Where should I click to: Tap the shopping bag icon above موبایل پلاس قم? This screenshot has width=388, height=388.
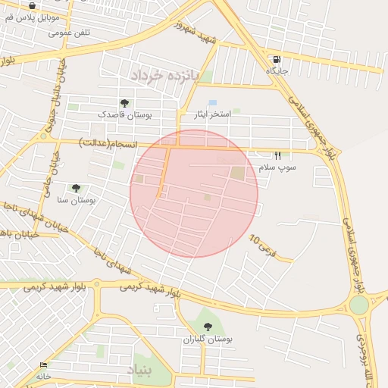tap(30, 5)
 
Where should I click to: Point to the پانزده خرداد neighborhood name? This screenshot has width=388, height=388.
tap(163, 77)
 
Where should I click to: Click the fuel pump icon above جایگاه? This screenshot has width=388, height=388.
tap(276, 59)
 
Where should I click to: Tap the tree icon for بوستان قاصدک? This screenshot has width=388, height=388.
tap(124, 103)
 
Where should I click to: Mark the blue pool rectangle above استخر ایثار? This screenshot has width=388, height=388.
tap(212, 102)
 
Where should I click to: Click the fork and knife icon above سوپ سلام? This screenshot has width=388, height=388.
tap(277, 155)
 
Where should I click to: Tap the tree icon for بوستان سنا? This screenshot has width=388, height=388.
tap(76, 188)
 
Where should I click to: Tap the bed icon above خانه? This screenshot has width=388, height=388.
tap(43, 365)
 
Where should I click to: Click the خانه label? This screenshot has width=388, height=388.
tap(43, 376)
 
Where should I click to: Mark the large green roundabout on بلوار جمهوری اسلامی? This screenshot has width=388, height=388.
tap(358, 305)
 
